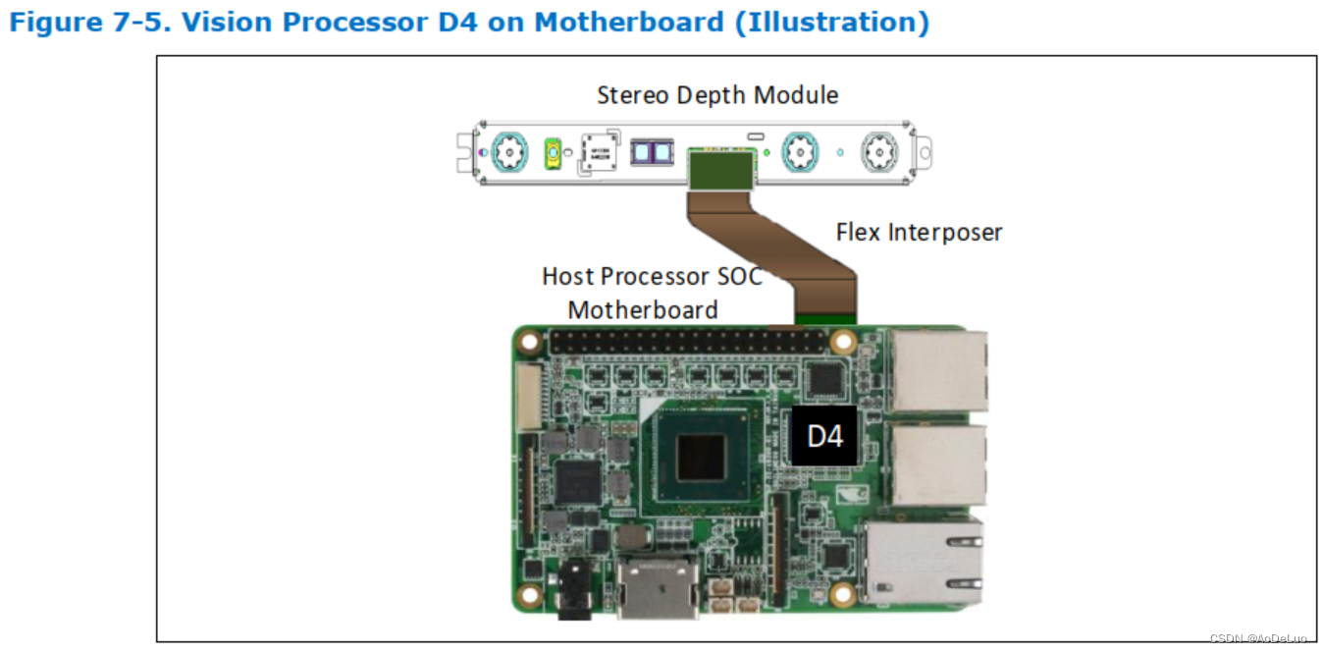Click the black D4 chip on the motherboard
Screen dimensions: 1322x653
[x=823, y=435]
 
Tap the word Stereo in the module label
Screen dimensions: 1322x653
[x=630, y=95]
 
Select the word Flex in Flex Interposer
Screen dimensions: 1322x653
[x=859, y=232]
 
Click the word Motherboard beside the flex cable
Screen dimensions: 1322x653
[x=643, y=309]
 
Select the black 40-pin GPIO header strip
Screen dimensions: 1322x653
[x=687, y=343]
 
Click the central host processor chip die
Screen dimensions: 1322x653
[x=702, y=456]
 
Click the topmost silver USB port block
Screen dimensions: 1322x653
[x=936, y=371]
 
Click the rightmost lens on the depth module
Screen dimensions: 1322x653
[x=879, y=152]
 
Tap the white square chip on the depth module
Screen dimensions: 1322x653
[x=600, y=151]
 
